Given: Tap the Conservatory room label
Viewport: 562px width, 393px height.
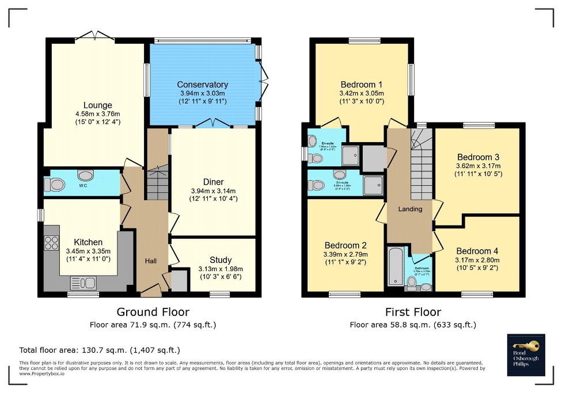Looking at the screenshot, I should [x=202, y=85].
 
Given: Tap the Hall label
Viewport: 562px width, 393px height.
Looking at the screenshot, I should [x=151, y=261].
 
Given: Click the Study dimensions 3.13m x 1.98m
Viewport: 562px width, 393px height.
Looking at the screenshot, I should [x=213, y=269].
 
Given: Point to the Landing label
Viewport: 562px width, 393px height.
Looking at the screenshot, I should [x=410, y=209].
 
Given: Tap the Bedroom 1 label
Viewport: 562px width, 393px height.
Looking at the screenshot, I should [x=362, y=84].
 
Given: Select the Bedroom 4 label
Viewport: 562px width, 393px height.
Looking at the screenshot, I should [x=477, y=251].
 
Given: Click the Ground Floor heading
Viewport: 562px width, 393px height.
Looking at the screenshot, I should [x=153, y=312].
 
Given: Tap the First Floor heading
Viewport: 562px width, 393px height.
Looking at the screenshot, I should [x=413, y=312].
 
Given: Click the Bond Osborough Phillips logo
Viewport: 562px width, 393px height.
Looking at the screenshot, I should [x=526, y=354].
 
